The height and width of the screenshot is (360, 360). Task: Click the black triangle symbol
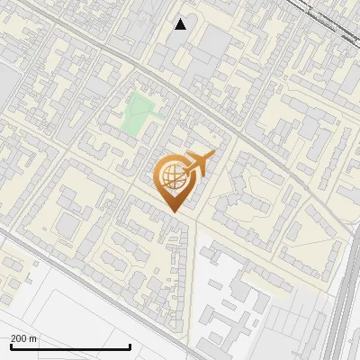(x=181, y=24)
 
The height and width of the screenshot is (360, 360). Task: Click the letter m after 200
(x=34, y=338)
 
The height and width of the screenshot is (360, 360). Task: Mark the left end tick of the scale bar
(x=11, y=346)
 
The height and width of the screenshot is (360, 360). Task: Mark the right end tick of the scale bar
(x=130, y=346)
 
